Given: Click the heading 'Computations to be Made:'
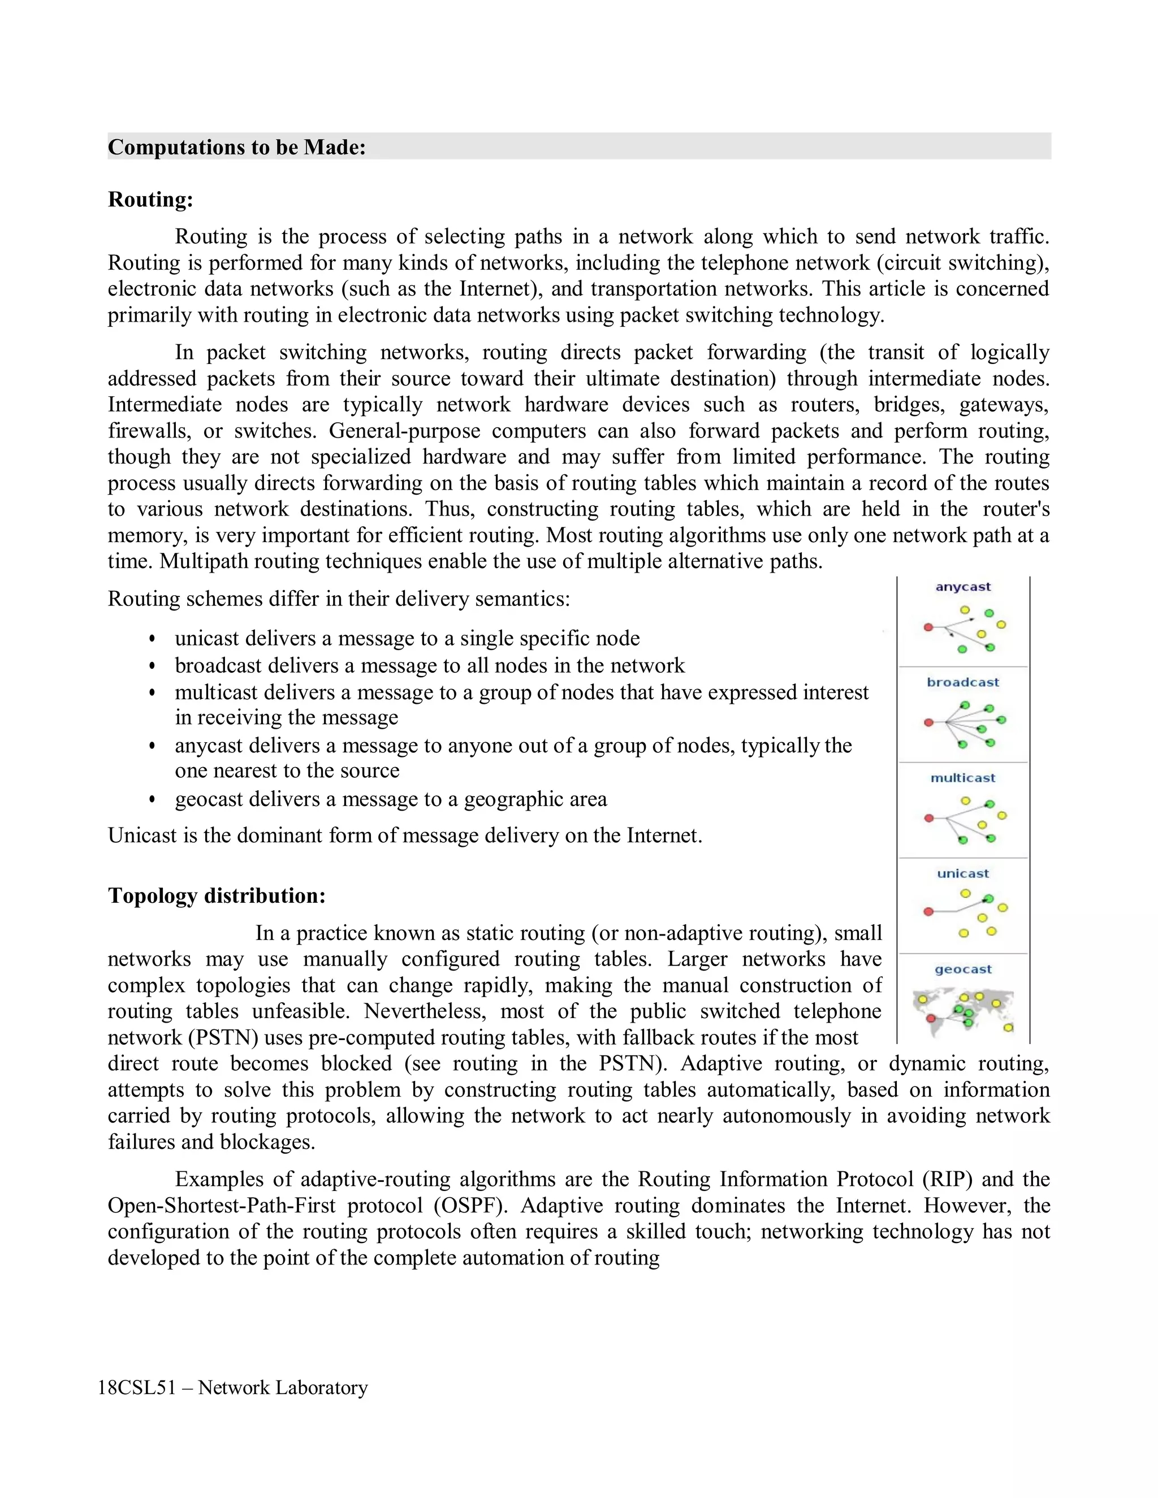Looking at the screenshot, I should [x=237, y=147].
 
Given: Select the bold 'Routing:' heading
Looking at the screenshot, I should [x=150, y=200].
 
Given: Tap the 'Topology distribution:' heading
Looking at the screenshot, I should [x=216, y=896].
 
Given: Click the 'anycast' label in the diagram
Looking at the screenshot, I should [x=963, y=586].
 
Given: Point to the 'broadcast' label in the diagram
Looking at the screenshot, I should [x=962, y=682].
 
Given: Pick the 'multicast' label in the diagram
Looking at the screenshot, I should [x=962, y=778].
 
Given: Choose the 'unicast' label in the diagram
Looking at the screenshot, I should [x=962, y=873].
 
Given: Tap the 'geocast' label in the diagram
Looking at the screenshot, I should [x=962, y=969].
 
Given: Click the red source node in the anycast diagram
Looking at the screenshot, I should [x=928, y=627].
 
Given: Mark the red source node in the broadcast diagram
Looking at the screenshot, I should [x=928, y=722].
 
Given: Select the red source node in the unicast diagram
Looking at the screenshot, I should [x=928, y=912].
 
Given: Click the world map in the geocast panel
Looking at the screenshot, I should [x=963, y=1010].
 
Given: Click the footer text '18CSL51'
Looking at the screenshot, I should [x=136, y=1388].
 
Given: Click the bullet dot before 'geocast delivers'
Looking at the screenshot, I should [x=152, y=800].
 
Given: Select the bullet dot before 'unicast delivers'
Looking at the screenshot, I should [x=152, y=639].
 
